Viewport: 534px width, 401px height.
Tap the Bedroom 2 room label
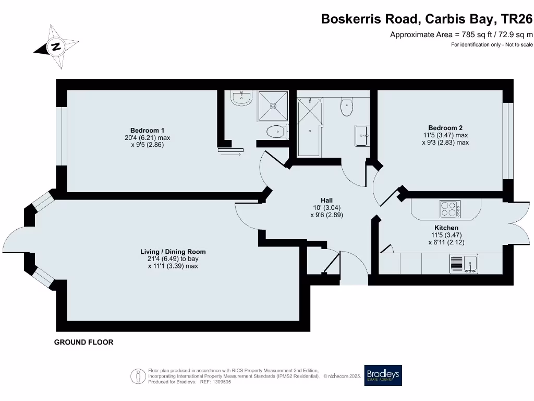click(445, 127)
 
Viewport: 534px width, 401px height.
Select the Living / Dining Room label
click(173, 252)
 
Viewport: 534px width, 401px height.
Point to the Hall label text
click(326, 200)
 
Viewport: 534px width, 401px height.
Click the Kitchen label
click(446, 228)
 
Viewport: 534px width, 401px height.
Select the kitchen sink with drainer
click(464, 263)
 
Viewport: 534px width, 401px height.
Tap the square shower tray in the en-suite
click(273, 106)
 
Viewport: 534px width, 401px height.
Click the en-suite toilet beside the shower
click(275, 131)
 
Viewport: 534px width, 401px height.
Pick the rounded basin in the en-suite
click(241, 98)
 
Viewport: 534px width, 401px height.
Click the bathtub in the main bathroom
click(309, 126)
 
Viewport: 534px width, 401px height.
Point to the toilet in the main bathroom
click(346, 107)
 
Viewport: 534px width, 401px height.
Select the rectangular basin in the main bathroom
click(362, 135)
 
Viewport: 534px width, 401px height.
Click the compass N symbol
click(56, 46)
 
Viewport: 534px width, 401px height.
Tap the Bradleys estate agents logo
click(383, 374)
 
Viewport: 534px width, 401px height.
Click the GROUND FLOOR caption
click(84, 343)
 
